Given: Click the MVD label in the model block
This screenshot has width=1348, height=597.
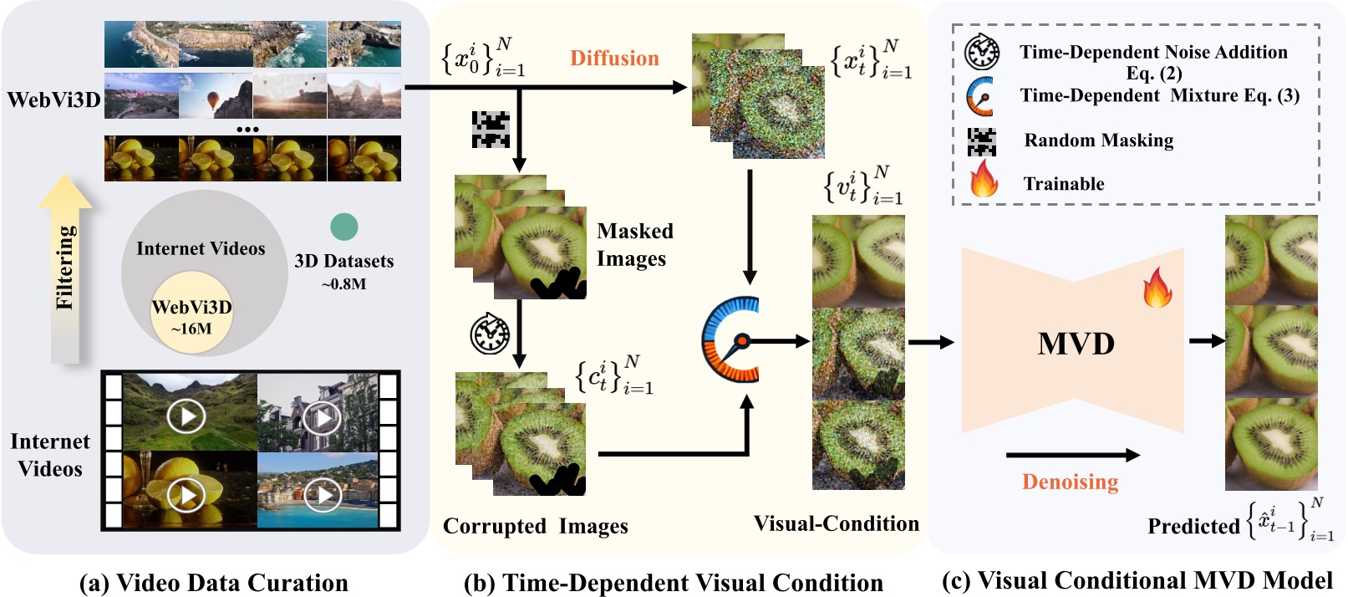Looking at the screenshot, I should [1076, 343].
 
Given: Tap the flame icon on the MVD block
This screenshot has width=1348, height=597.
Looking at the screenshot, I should [1157, 288].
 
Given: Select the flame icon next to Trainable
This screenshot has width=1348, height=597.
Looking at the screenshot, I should [984, 179].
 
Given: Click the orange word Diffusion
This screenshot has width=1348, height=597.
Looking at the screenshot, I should [614, 58].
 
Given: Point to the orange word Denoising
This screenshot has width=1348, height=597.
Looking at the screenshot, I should [1070, 482].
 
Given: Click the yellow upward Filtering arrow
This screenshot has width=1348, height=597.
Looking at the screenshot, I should [65, 268].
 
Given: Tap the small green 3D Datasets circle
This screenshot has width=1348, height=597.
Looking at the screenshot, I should [343, 227].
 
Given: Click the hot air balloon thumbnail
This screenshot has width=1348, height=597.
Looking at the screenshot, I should [215, 95].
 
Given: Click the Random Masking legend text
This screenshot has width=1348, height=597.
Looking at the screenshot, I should [1098, 140].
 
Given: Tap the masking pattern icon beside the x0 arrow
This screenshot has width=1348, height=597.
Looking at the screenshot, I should [491, 129].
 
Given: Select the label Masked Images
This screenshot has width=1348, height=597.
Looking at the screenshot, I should [634, 244].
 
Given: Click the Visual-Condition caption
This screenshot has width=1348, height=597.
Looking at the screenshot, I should [836, 523].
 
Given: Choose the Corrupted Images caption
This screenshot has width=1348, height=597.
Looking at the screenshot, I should [535, 526].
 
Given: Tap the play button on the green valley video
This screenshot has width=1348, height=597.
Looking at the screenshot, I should [186, 415].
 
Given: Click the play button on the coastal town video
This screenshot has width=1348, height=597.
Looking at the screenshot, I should [323, 495].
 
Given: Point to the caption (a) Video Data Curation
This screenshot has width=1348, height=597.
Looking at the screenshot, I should [213, 583].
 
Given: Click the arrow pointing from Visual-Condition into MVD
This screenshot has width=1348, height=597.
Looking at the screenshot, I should [930, 341].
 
